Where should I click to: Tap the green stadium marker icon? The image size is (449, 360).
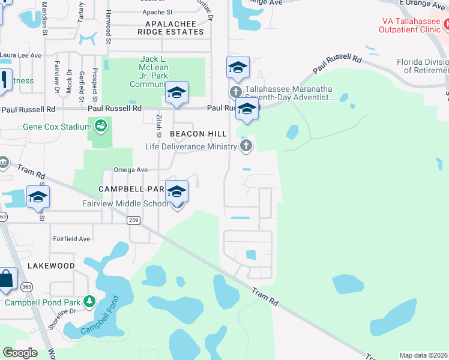click(100, 125)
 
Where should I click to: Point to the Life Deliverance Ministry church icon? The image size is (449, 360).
click(246, 145)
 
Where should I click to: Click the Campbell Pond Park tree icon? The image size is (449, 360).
click(89, 301)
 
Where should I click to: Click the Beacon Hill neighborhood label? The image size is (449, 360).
click(198, 133)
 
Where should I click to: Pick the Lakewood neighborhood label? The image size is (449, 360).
click(51, 265)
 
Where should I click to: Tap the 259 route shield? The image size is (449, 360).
click(133, 221)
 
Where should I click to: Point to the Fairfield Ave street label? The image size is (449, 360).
click(71, 239)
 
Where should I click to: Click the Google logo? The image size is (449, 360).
click(20, 353)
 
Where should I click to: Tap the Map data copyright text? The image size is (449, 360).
click(423, 355)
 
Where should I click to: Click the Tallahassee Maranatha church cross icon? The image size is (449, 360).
click(235, 92)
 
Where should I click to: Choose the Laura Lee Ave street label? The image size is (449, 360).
click(21, 55)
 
